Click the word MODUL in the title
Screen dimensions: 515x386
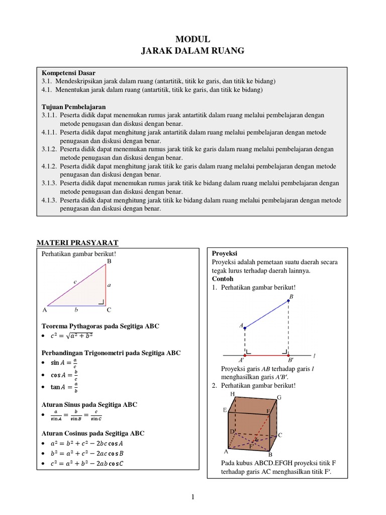pos(192,40)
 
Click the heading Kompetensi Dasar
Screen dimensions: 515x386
pos(68,73)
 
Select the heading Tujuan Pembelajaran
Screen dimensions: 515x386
pos(74,107)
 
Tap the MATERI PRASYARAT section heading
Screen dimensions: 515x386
pos(78,242)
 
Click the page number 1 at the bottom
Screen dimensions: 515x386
pos(192,497)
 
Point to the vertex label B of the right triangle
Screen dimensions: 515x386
pos(109,262)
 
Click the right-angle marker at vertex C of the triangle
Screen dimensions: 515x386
pos(102,302)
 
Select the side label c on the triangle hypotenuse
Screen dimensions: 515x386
pos(75,282)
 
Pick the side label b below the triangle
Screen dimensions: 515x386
pos(75,310)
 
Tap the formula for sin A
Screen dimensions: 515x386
pos(65,363)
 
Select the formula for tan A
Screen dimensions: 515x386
pos(65,387)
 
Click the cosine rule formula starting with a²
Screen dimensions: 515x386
pos(87,444)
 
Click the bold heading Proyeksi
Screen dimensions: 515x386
pos(224,253)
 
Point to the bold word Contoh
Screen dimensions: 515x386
pos(222,279)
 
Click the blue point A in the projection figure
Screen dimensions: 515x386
pos(245,328)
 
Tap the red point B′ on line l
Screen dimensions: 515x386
pos(288,355)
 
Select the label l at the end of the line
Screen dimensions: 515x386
pos(314,356)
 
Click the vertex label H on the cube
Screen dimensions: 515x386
pos(232,394)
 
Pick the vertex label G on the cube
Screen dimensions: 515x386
pos(279,397)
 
